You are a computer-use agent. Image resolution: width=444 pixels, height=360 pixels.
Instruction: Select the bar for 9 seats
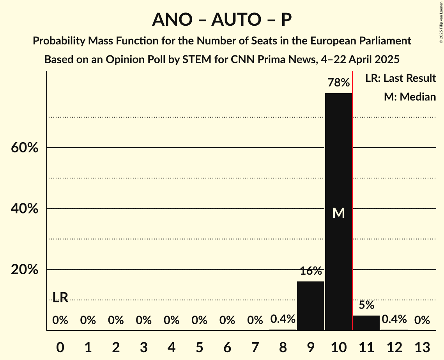310,306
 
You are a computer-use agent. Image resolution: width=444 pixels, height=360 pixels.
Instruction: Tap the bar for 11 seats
366,323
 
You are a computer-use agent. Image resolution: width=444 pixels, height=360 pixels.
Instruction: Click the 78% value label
338,83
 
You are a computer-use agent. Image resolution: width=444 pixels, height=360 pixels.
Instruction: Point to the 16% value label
311,271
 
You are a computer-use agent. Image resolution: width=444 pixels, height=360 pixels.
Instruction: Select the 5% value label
366,305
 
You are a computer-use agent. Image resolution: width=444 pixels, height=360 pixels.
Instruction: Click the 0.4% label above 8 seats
283,320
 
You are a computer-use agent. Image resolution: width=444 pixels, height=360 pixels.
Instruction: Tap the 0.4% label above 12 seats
394,320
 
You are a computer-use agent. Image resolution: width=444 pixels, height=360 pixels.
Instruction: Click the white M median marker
339,213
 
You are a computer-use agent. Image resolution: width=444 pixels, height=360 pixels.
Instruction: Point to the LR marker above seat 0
60,298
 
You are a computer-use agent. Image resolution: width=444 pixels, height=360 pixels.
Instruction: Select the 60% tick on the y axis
25,148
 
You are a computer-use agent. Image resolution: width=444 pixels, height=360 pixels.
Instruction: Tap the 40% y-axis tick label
25,209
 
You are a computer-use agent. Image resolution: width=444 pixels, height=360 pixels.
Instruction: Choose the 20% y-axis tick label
25,270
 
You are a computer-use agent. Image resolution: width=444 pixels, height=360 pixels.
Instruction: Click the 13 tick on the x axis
422,346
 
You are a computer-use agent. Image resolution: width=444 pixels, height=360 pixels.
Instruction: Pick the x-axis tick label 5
199,346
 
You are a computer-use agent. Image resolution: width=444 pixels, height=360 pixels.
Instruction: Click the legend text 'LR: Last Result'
400,78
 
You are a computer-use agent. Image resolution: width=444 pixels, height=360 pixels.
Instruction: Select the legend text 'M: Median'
410,97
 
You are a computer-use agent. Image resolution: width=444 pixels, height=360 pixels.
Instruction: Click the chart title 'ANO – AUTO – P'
222,20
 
